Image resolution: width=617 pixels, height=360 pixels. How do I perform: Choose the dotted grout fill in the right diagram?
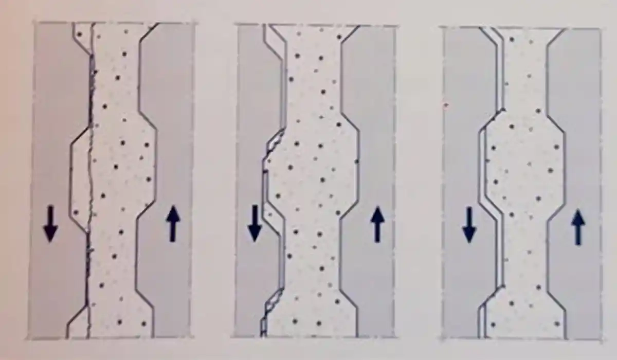[x=519, y=170]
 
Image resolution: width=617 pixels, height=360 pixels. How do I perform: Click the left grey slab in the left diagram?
[x=51, y=129]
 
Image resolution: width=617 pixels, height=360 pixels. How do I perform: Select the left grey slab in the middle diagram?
[x=252, y=129]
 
